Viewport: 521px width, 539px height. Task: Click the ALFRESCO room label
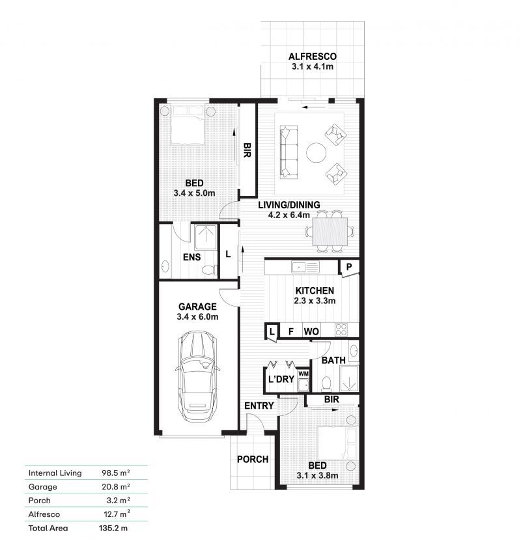click(x=312, y=57)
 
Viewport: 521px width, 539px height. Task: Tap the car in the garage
click(x=197, y=377)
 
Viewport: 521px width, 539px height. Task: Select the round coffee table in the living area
click(x=316, y=152)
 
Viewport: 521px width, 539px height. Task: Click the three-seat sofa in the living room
click(x=289, y=152)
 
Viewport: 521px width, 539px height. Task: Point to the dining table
click(x=330, y=231)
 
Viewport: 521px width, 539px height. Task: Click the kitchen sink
click(x=305, y=267)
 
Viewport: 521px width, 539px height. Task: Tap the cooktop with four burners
click(x=341, y=329)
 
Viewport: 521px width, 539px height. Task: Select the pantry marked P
click(x=349, y=267)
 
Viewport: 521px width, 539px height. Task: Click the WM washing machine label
click(x=303, y=374)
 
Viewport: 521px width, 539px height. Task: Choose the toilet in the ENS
click(x=208, y=270)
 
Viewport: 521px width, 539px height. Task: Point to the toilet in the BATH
click(x=326, y=384)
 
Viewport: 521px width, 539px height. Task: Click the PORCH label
click(x=253, y=459)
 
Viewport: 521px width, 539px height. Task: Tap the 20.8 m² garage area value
click(x=115, y=487)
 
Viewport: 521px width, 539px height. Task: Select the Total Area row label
click(x=48, y=528)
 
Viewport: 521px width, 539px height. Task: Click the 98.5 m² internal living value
click(x=115, y=473)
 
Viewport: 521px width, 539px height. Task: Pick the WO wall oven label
click(x=311, y=331)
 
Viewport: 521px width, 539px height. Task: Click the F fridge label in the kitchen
click(x=291, y=331)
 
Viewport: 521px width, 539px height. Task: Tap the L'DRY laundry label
click(x=281, y=379)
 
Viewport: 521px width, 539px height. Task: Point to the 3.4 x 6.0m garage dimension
click(x=197, y=316)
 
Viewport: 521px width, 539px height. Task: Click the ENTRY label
click(x=259, y=406)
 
